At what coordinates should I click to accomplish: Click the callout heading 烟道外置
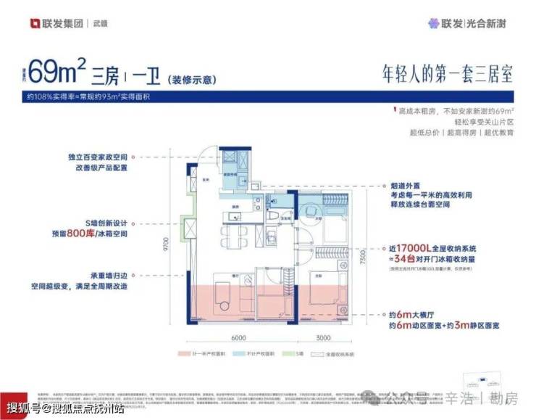click(413, 186)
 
